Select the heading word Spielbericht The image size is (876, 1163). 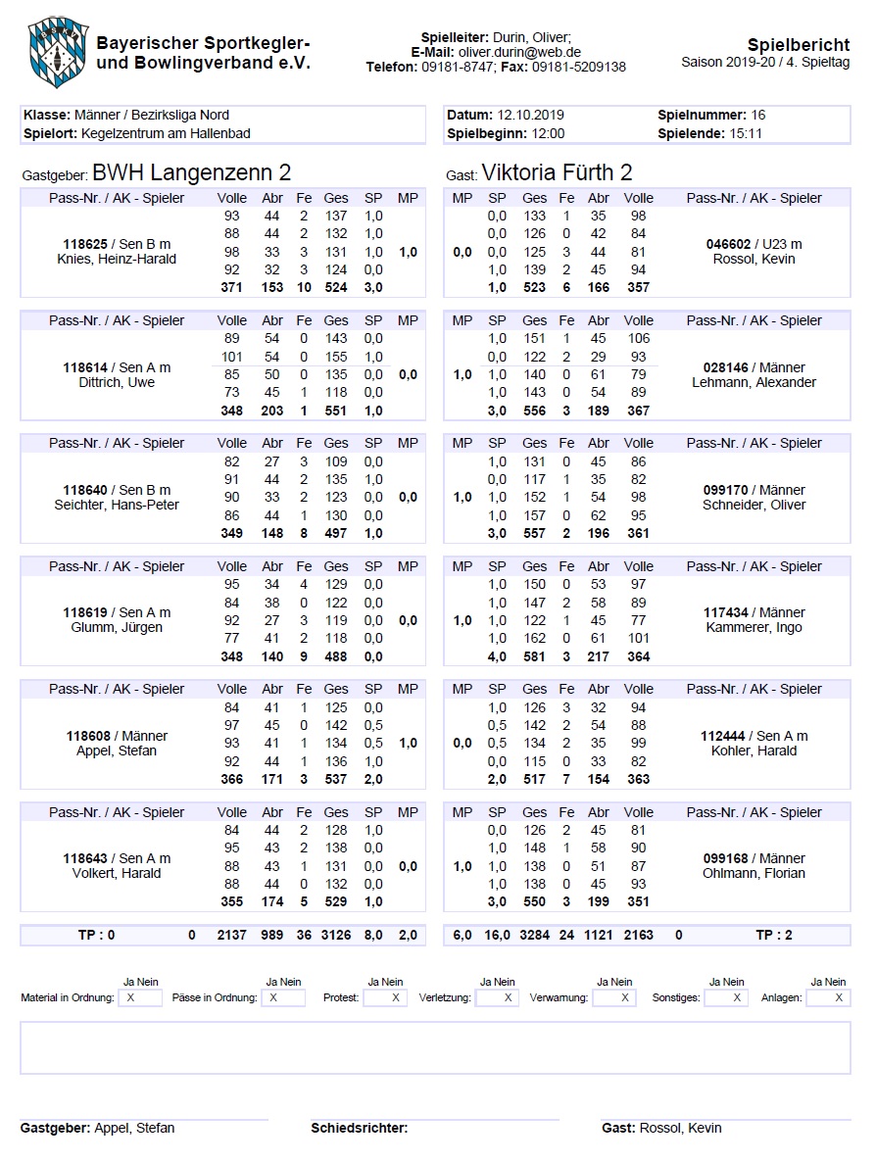(799, 45)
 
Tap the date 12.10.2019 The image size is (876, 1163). (531, 115)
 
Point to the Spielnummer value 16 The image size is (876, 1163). (759, 115)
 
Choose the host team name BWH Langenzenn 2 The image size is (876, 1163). (191, 173)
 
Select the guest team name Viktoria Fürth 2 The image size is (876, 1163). (557, 173)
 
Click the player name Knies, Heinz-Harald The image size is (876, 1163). (117, 260)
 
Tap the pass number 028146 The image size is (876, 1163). (726, 367)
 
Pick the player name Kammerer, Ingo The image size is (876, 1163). (754, 628)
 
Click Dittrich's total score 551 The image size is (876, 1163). (336, 411)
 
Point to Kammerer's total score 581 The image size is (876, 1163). (534, 656)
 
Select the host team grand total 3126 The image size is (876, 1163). (336, 936)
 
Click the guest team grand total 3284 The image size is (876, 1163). (534, 936)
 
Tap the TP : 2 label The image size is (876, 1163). (776, 936)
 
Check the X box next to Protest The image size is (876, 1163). (395, 997)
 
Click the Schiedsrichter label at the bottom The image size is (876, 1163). (359, 1128)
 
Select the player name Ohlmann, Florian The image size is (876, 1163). (754, 873)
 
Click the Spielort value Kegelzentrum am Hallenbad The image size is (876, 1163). (167, 133)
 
